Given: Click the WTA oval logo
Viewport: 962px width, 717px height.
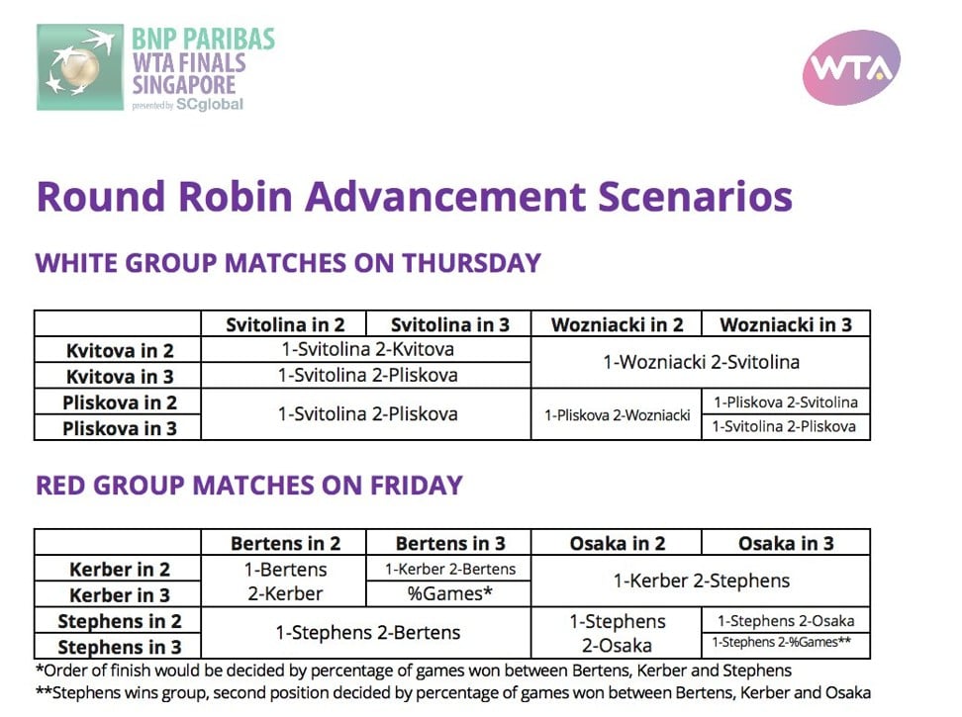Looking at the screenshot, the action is point(851,67).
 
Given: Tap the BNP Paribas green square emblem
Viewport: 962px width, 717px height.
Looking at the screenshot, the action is point(80,67).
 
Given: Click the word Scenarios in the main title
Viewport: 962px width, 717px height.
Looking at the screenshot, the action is point(695,197).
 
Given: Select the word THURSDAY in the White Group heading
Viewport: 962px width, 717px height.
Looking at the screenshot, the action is point(472,263).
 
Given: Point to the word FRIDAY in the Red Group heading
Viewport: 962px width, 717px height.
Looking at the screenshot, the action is point(416,486).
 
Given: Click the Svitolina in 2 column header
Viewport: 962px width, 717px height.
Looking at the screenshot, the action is point(285,324).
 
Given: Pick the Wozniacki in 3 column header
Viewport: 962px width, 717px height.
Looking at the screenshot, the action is point(786,324).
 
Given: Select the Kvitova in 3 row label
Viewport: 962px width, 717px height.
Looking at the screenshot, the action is point(120,376).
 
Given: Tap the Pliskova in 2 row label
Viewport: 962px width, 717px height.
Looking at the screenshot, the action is point(120,403).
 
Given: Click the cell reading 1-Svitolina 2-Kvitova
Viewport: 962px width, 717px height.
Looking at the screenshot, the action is point(367,349).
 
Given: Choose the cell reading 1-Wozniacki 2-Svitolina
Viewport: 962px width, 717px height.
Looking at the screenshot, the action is point(702,362).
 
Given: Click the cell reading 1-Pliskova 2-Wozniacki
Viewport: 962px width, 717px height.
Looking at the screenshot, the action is point(618,415).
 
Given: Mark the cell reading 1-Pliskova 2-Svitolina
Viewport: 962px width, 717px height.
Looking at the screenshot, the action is point(786,402).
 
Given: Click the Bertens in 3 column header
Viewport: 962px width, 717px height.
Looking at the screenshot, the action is point(450,543).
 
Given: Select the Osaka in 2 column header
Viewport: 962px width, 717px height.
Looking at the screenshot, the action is point(618,543).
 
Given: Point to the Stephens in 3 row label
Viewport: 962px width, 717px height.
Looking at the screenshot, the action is point(120,647).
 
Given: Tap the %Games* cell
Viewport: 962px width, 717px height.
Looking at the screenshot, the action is point(449,593).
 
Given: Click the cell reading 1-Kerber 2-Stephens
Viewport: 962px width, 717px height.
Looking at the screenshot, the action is point(702,581).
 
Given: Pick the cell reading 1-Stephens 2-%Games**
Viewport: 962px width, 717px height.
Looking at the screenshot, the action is point(782,642).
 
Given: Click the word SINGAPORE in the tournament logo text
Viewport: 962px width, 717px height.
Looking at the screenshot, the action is point(184,85).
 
